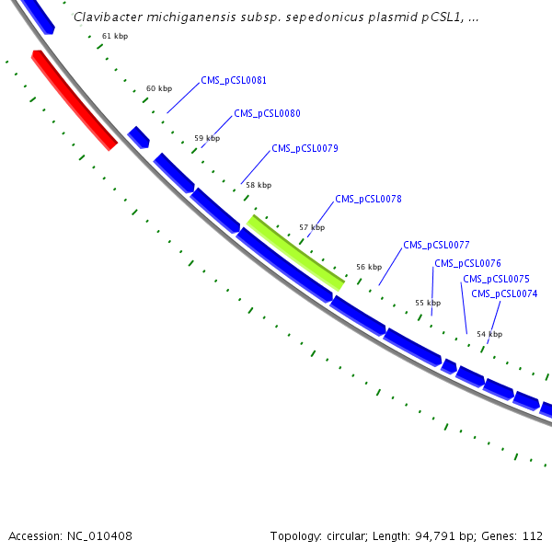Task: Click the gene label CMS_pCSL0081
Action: pyautogui.click(x=234, y=81)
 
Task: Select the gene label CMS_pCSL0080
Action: pyautogui.click(x=267, y=114)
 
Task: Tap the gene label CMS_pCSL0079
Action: pyautogui.click(x=305, y=148)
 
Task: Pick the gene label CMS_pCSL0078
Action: pyautogui.click(x=368, y=199)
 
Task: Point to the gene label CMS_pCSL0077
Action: pyautogui.click(x=436, y=246)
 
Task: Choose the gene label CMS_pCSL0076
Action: pyautogui.click(x=467, y=263)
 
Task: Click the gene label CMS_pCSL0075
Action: pyautogui.click(x=496, y=279)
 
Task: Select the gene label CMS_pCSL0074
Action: pyautogui.click(x=504, y=294)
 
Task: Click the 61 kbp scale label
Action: pyautogui.click(x=115, y=36)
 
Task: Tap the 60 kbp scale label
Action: pyautogui.click(x=159, y=89)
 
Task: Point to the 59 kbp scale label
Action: pyautogui.click(x=207, y=139)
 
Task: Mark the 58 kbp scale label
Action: pyautogui.click(x=259, y=185)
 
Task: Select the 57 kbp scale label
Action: pyautogui.click(x=312, y=227)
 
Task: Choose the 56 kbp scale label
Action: pyautogui.click(x=369, y=267)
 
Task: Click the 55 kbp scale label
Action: pyautogui.click(x=428, y=303)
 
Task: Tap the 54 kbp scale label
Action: pyautogui.click(x=489, y=334)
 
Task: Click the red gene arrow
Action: pyautogui.click(x=74, y=99)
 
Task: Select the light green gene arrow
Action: pyautogui.click(x=295, y=252)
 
